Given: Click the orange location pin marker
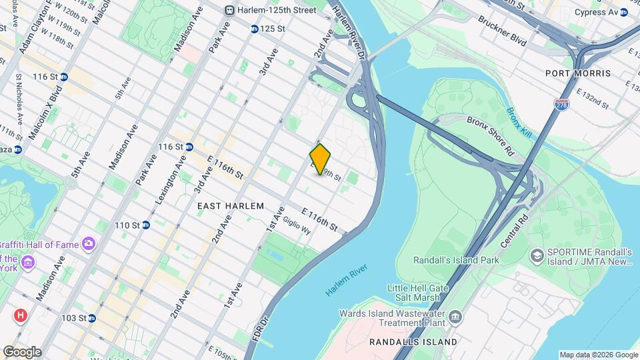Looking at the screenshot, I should [320, 159].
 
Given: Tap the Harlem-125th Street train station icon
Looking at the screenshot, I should [229, 10].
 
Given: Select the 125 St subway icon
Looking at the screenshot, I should [255, 29].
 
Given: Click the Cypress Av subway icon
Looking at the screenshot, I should [623, 12].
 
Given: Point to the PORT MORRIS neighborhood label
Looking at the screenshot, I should [578, 73].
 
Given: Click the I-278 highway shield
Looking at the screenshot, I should [561, 105].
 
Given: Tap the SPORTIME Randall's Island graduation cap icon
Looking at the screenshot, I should [537, 255].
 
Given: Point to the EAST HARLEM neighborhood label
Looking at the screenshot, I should [231, 206].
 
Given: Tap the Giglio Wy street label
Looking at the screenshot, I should [297, 225].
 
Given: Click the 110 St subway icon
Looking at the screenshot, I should [145, 225].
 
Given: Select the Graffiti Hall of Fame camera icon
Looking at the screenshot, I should [88, 244].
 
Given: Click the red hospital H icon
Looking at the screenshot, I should [21, 314].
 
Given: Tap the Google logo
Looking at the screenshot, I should [22, 352].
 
